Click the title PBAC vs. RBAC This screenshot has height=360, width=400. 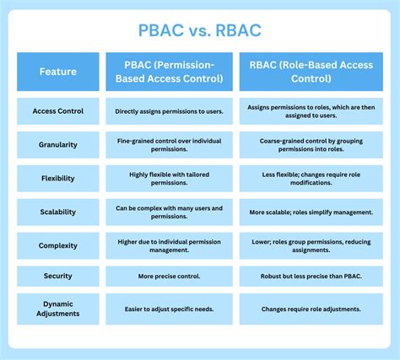click(200, 30)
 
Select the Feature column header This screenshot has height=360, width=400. click(58, 72)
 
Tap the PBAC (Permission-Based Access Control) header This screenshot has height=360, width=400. click(170, 72)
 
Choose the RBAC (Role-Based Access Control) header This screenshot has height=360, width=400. click(311, 72)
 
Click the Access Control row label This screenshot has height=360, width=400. click(58, 111)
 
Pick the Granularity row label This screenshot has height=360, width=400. click(58, 145)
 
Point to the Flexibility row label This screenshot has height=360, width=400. click(58, 179)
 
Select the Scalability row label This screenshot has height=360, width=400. click(58, 212)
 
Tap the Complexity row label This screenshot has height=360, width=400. click(58, 245)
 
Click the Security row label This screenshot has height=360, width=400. click(58, 276)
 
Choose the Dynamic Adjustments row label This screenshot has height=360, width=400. click(58, 309)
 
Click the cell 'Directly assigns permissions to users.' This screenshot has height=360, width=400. click(170, 111)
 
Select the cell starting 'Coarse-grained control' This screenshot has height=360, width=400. click(311, 145)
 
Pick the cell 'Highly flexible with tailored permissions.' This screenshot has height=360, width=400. click(170, 179)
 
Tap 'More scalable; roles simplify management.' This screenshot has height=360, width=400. click(311, 212)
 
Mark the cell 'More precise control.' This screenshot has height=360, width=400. click(170, 276)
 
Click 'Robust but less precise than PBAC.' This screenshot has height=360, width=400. click(311, 276)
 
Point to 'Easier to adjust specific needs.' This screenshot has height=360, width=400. click(170, 309)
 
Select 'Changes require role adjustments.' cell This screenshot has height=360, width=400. click(311, 309)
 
